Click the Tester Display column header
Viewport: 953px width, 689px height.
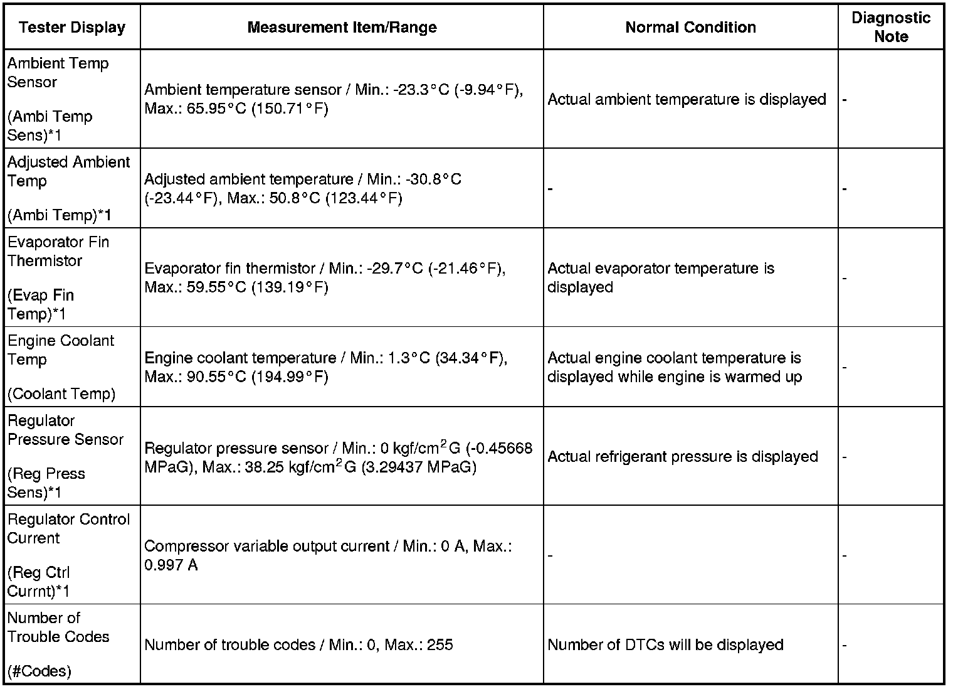[72, 28]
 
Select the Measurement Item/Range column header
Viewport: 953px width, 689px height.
[342, 28]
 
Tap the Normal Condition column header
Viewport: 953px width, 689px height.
[690, 28]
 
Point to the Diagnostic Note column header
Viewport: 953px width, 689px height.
[890, 27]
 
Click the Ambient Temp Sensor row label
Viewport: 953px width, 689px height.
[58, 73]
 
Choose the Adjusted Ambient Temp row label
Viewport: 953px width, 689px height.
[68, 171]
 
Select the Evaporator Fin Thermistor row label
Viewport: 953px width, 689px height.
[58, 251]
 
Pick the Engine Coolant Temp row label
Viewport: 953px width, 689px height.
[60, 350]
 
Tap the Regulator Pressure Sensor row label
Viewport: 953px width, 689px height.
[65, 430]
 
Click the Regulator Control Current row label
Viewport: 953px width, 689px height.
[68, 528]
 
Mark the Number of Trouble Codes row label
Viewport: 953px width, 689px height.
[58, 628]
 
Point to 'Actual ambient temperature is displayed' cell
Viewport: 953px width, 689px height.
[687, 99]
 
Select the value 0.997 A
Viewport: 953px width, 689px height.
[171, 565]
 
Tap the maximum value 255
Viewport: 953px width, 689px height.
[440, 645]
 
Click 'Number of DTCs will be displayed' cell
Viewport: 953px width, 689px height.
[665, 645]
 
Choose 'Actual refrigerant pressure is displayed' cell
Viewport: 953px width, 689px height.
[683, 457]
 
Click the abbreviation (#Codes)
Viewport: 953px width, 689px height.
[39, 671]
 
